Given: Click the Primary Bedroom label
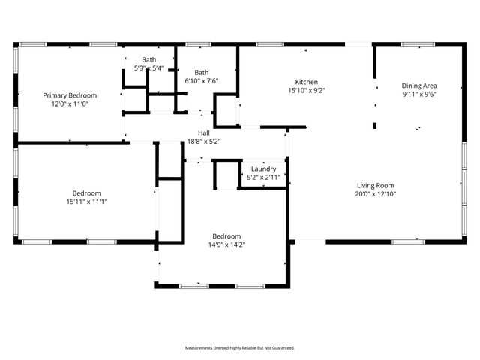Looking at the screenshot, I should (70, 95).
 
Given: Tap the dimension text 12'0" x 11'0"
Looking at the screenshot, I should (70, 104).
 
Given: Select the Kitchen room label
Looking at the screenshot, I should (307, 82).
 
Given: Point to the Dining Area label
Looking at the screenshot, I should (419, 85).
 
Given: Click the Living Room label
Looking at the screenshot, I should (375, 185).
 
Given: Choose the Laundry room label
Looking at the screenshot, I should (262, 169).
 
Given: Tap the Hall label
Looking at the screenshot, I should (204, 133).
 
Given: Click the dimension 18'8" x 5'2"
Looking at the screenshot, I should (204, 141).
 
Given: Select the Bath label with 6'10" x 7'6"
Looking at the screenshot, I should (202, 73).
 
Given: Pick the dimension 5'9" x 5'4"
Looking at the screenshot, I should (149, 68).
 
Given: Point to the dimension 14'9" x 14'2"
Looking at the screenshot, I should (226, 244).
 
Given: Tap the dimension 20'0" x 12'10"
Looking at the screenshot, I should (375, 194).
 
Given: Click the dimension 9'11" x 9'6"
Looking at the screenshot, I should (419, 94).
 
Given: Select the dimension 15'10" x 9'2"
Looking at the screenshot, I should (307, 91).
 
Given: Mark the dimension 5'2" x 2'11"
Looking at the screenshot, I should (262, 178).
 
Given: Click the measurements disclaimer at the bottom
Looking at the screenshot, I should (240, 348).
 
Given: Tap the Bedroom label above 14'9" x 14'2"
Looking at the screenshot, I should (226, 235).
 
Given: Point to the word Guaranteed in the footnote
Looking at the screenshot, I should (282, 348).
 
